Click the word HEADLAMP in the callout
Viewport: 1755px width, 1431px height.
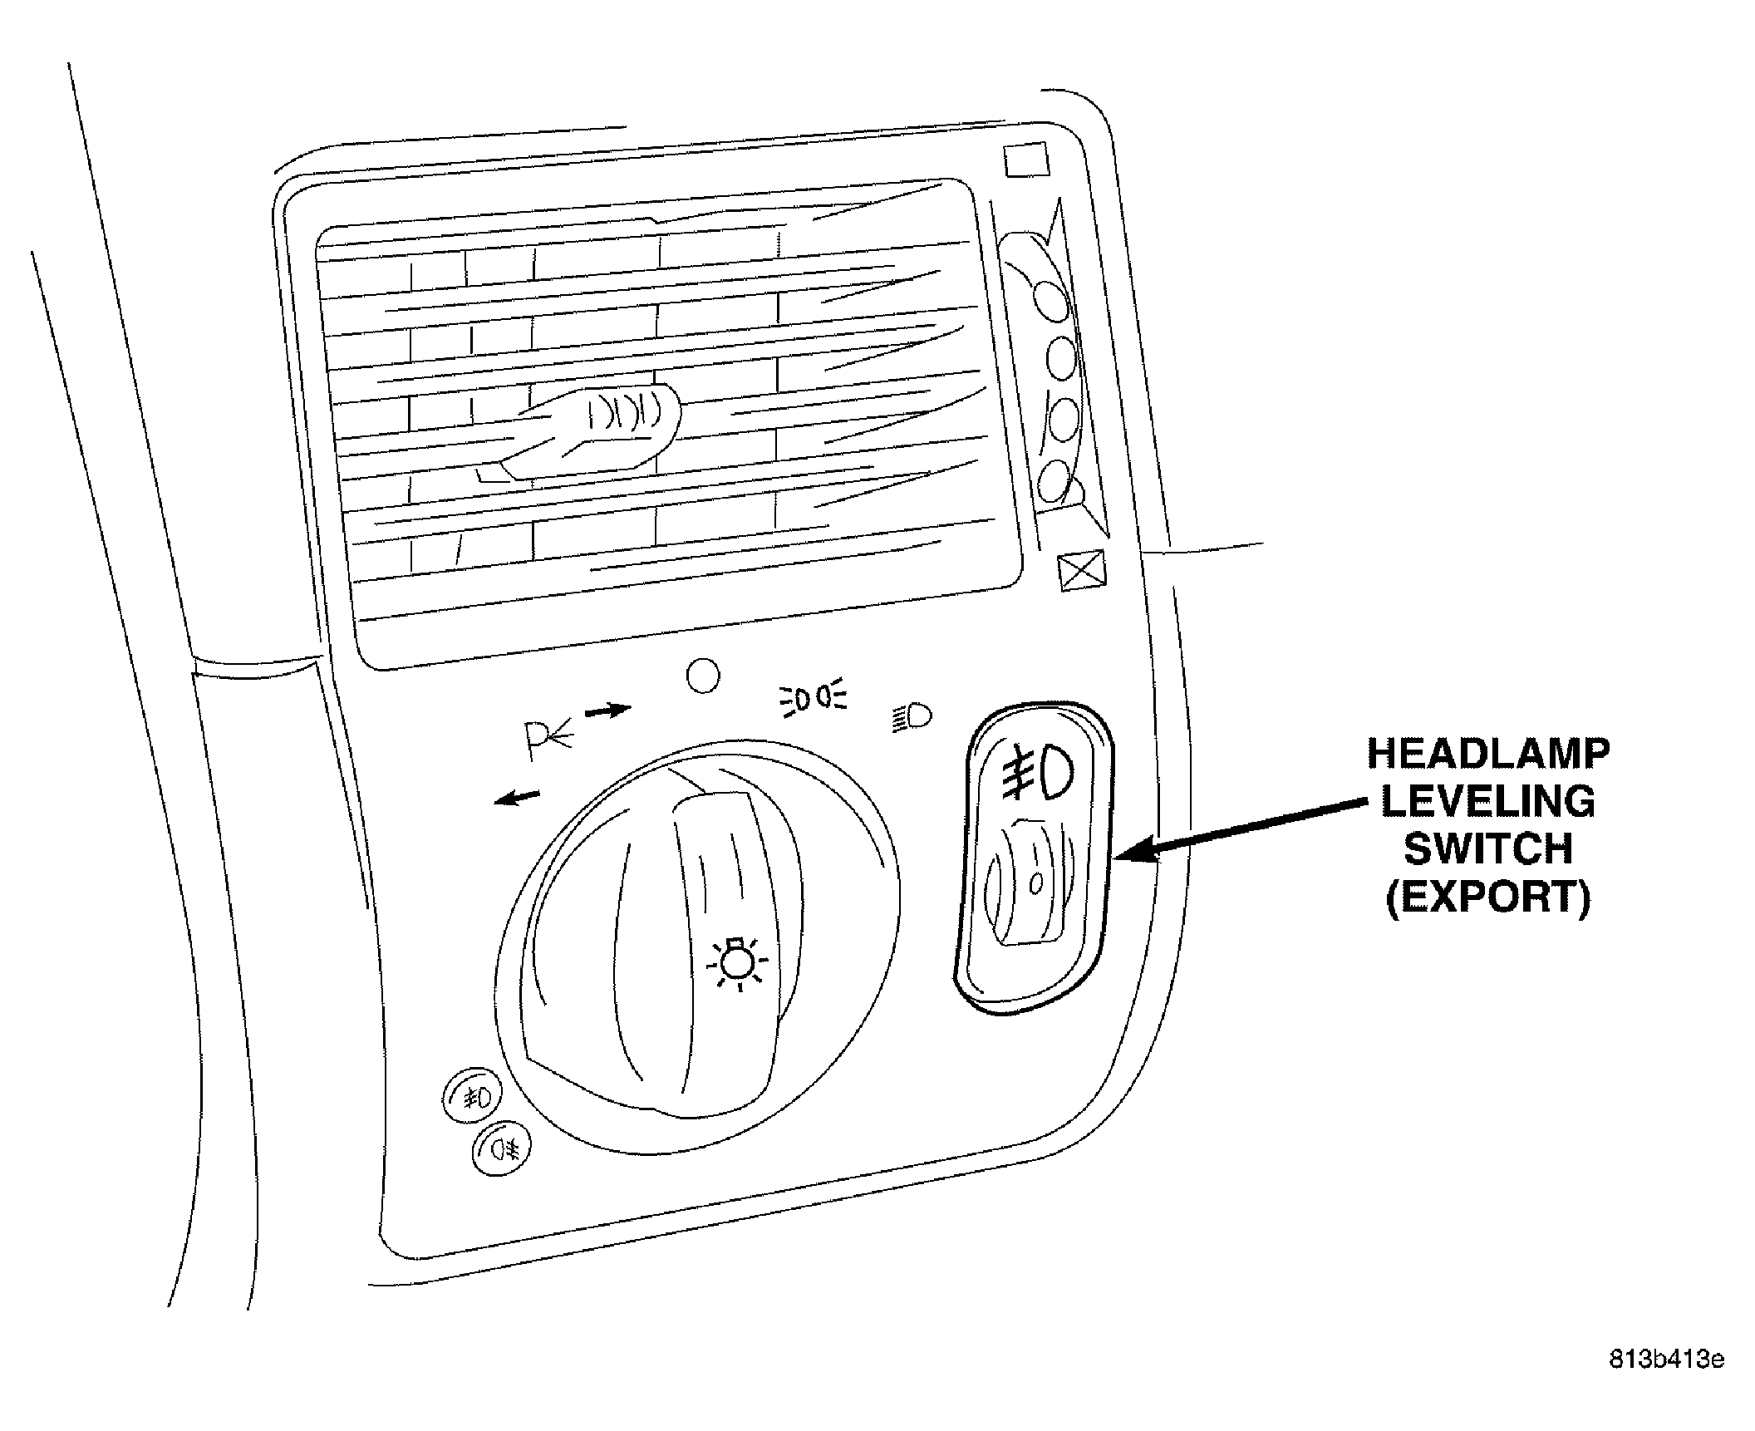pyautogui.click(x=1488, y=755)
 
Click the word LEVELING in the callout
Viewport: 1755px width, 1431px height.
pyautogui.click(x=1487, y=802)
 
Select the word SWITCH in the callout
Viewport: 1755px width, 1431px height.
pyautogui.click(x=1488, y=849)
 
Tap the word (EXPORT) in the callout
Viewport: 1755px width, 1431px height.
pyautogui.click(x=1488, y=897)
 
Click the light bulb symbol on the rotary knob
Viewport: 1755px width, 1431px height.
pyautogui.click(x=737, y=963)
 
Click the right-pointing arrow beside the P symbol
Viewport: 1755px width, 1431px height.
pyautogui.click(x=608, y=711)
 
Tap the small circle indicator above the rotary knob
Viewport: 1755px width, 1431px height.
pyautogui.click(x=703, y=676)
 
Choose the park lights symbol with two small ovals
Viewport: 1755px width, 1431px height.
pyautogui.click(x=812, y=697)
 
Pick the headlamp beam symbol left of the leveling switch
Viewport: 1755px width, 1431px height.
pyautogui.click(x=912, y=717)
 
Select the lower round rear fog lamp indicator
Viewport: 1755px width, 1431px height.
pyautogui.click(x=504, y=1149)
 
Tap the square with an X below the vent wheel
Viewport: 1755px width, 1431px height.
pyautogui.click(x=1083, y=570)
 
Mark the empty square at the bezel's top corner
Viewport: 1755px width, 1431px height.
pyautogui.click(x=1026, y=160)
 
